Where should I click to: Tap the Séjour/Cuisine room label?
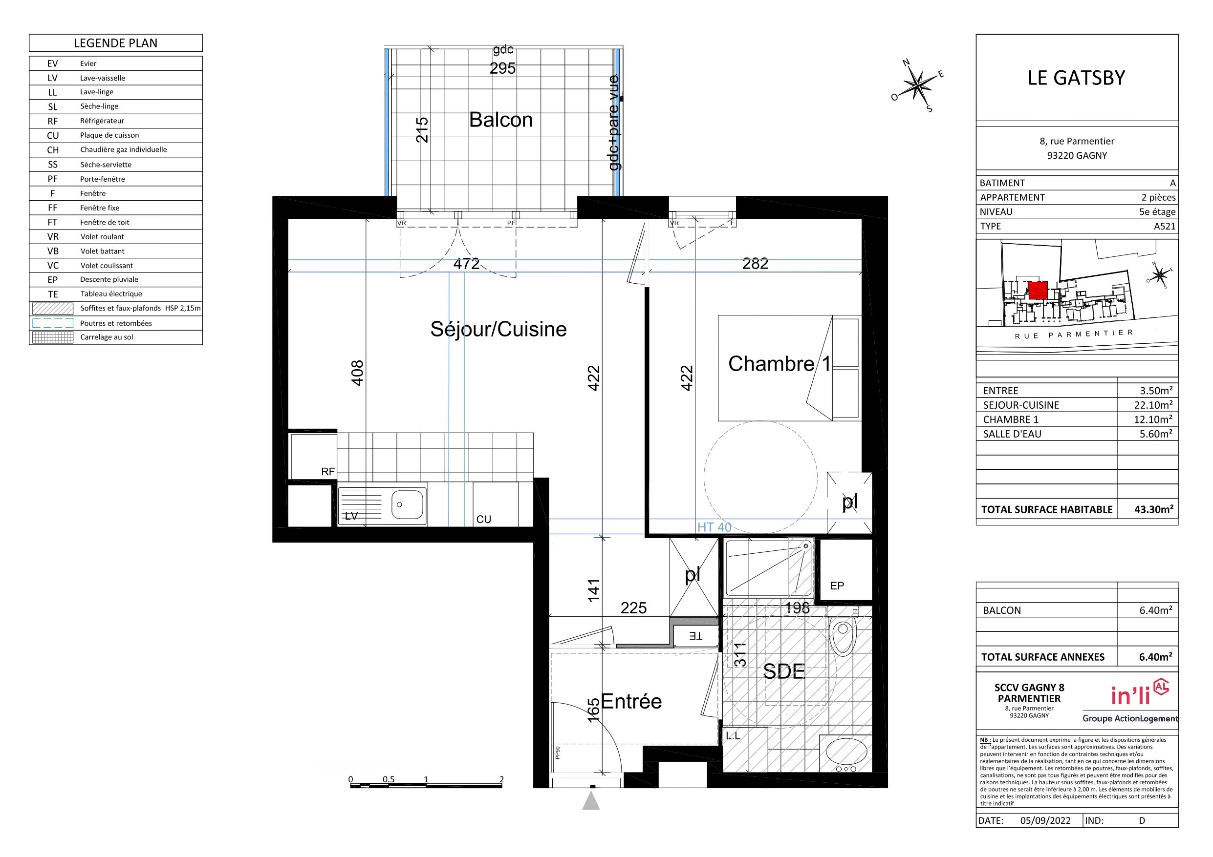click(x=498, y=329)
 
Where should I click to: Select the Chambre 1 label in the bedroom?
click(x=779, y=363)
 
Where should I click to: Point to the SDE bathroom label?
click(x=784, y=671)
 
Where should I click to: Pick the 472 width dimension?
click(x=467, y=264)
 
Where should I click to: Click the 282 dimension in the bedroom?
click(x=755, y=264)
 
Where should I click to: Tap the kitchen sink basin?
click(x=407, y=504)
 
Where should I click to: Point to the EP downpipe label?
click(x=837, y=585)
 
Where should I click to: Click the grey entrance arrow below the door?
click(x=591, y=800)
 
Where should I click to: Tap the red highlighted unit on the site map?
click(x=1038, y=290)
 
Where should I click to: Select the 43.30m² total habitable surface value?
click(x=1154, y=509)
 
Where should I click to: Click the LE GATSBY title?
click(x=1076, y=78)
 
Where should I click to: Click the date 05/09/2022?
click(x=1045, y=820)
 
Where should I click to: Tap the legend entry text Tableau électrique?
click(x=111, y=293)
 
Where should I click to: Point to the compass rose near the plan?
click(x=919, y=85)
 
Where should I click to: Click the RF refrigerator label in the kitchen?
click(x=327, y=472)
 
